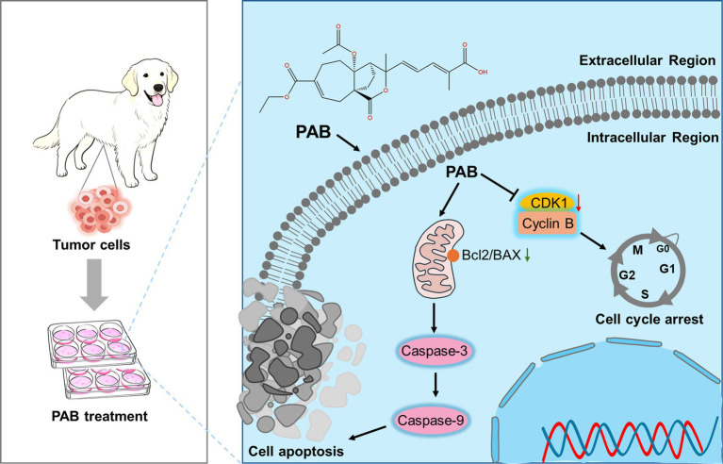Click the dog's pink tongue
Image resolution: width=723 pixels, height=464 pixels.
pos(157,100)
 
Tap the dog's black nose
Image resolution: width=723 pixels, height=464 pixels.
pos(158,88)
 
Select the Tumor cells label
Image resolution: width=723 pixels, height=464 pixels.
pos(90,244)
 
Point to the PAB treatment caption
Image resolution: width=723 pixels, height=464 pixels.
pos(100,416)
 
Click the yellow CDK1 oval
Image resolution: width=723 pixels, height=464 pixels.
pos(548,203)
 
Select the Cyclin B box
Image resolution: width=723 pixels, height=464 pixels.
pos(548,224)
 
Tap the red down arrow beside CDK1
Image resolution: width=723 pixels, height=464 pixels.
pos(579,203)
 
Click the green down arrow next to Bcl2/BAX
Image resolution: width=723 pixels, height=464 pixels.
pos(528,255)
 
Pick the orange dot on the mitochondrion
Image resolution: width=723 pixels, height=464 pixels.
pos(452,256)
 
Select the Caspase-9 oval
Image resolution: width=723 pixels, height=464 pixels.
pos(430,421)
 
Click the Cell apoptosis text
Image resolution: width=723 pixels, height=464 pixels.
pos(296,450)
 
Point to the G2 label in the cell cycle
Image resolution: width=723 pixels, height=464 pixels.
pos(627,275)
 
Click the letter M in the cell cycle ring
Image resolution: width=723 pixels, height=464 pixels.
pos(638,250)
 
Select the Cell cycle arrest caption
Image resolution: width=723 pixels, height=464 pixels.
pos(649,319)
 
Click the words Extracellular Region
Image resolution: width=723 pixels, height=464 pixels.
pos(648,60)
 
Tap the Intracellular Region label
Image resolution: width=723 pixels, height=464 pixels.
pos(652,138)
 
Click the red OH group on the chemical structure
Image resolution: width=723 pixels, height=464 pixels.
pos(483,72)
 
